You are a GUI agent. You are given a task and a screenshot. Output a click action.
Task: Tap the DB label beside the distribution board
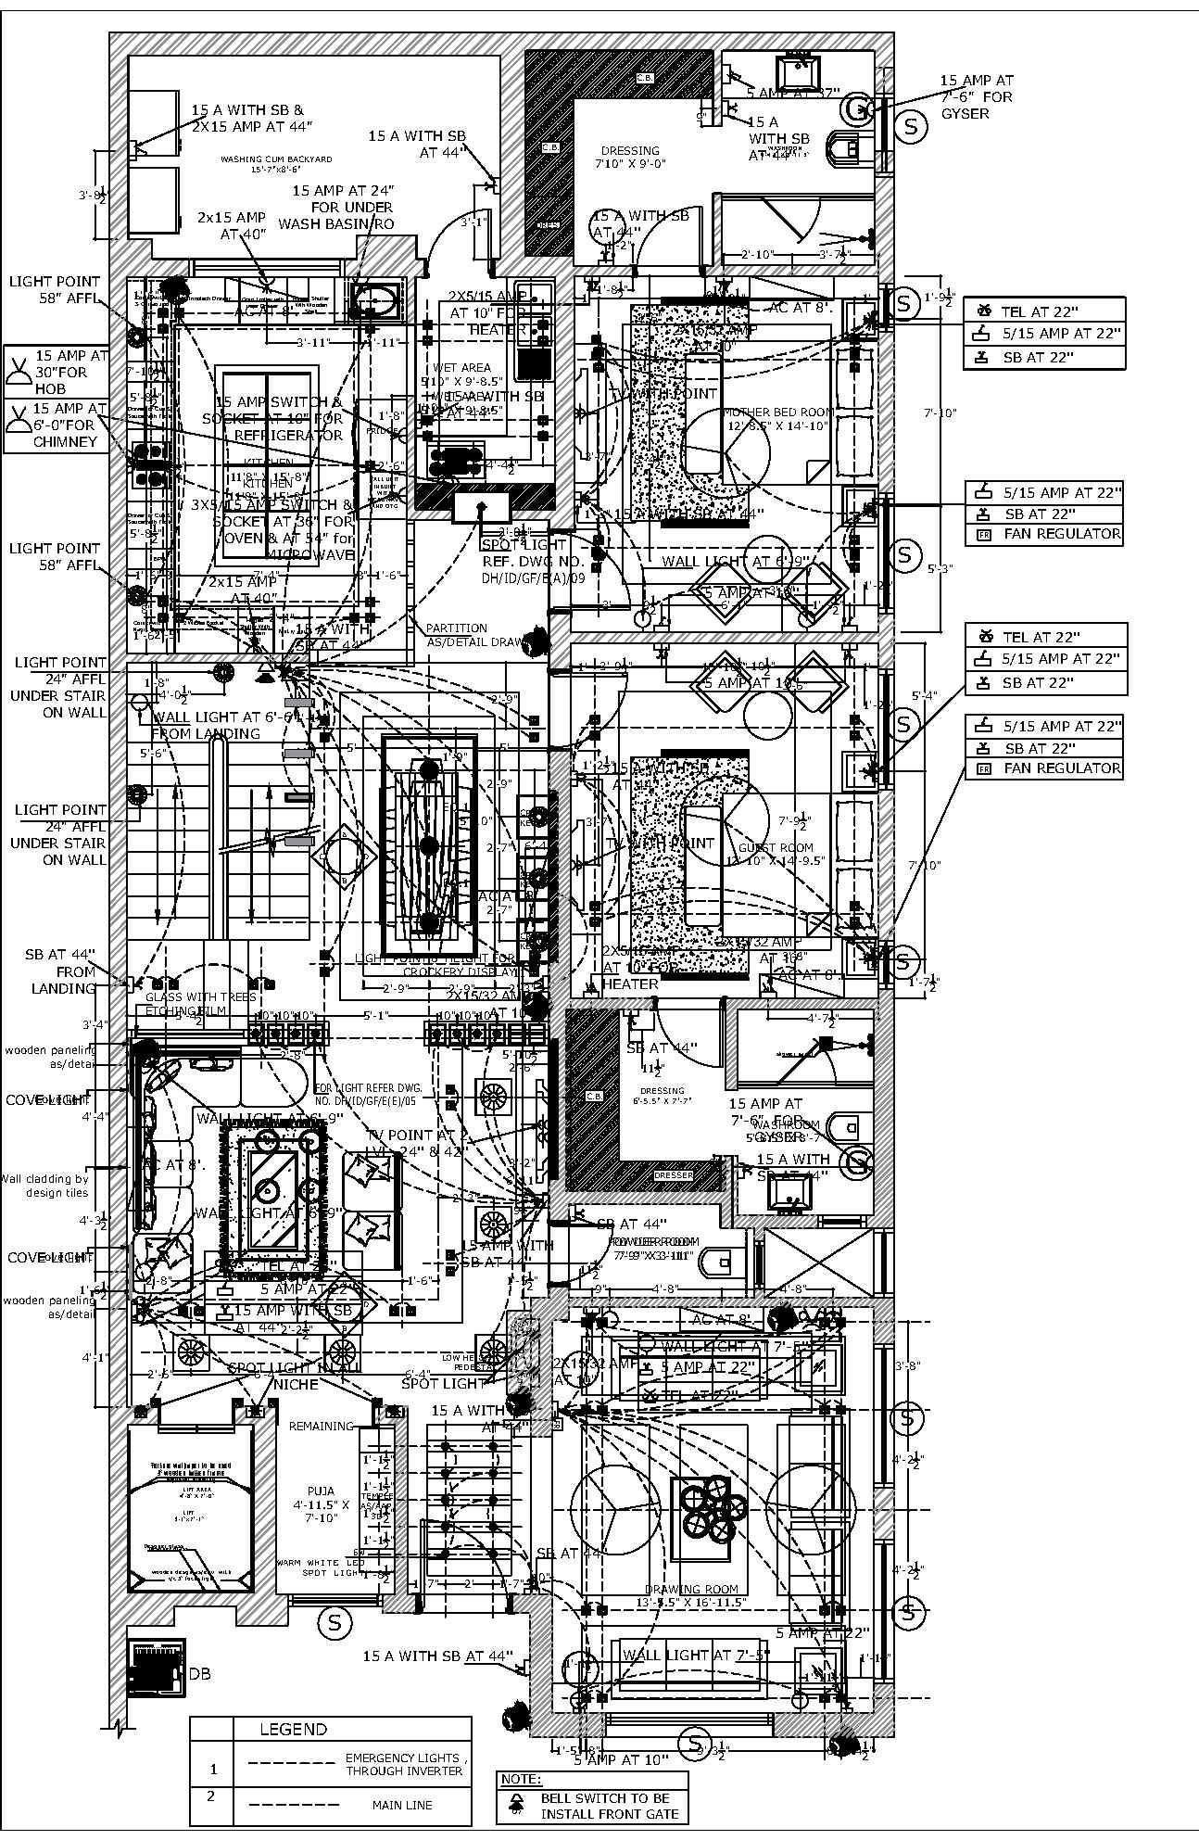coord(200,1673)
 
